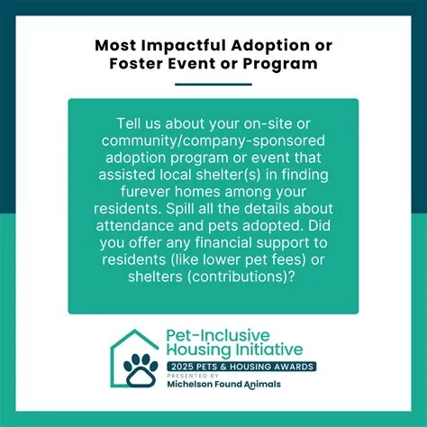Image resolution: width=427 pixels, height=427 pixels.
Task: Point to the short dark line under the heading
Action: (213, 84)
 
